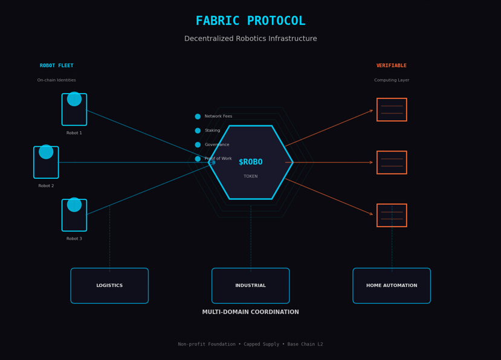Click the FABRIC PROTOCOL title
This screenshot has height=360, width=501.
click(250, 21)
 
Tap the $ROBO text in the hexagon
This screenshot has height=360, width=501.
click(250, 162)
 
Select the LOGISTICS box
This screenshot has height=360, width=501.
click(109, 286)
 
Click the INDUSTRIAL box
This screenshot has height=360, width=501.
click(250, 286)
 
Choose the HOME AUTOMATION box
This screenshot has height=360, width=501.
click(392, 286)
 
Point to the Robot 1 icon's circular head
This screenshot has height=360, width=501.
click(74, 99)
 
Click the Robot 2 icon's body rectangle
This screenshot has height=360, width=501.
click(46, 166)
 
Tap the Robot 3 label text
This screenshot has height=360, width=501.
click(74, 239)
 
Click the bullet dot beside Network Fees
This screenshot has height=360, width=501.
click(198, 117)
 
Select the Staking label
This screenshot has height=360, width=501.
click(212, 130)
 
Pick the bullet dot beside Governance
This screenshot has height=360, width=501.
click(198, 145)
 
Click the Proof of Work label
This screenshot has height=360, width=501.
click(218, 159)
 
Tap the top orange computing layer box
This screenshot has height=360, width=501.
click(392, 109)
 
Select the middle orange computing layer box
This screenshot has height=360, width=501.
click(392, 162)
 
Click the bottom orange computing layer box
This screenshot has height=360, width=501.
click(392, 215)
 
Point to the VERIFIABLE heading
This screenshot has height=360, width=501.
click(392, 66)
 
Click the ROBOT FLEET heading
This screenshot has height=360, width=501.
click(57, 66)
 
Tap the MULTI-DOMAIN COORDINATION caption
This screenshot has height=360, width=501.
click(250, 312)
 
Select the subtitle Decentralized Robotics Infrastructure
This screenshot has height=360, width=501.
click(250, 39)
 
